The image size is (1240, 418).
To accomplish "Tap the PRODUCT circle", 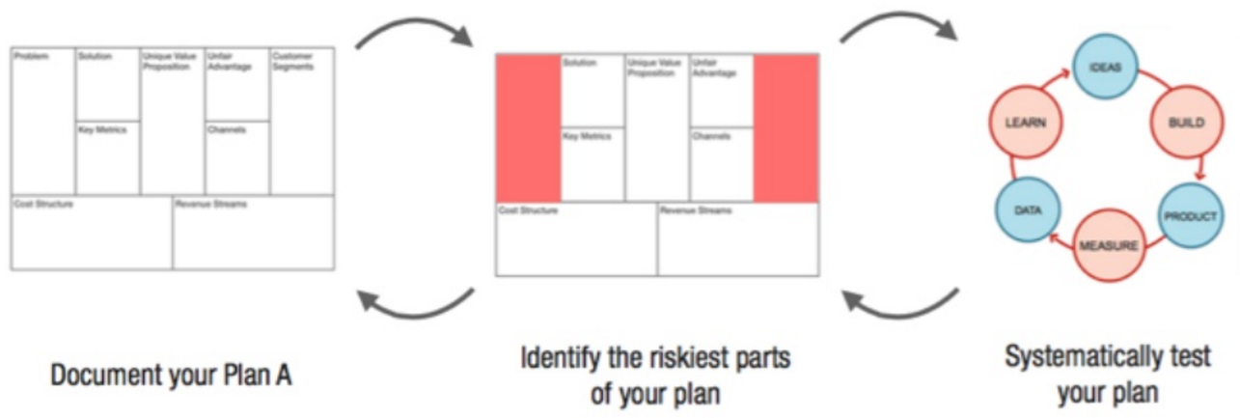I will click(x=1189, y=216).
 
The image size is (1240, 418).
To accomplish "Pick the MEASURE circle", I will click(x=1107, y=245).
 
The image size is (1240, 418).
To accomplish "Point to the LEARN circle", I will click(x=1021, y=123).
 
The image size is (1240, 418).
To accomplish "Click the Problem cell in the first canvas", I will click(x=42, y=121).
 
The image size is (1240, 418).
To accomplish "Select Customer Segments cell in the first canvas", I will click(x=302, y=121).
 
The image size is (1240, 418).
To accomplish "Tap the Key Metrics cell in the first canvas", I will click(x=107, y=157).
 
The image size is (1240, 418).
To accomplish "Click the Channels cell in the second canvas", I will click(x=721, y=164).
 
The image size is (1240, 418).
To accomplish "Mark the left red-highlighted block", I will click(x=528, y=127).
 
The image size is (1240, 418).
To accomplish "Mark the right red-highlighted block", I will click(x=786, y=127).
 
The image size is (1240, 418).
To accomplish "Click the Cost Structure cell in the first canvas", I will click(x=92, y=233).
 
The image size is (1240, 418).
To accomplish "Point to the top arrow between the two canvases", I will click(x=415, y=37).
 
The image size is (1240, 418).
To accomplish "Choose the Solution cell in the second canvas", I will click(x=592, y=90).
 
